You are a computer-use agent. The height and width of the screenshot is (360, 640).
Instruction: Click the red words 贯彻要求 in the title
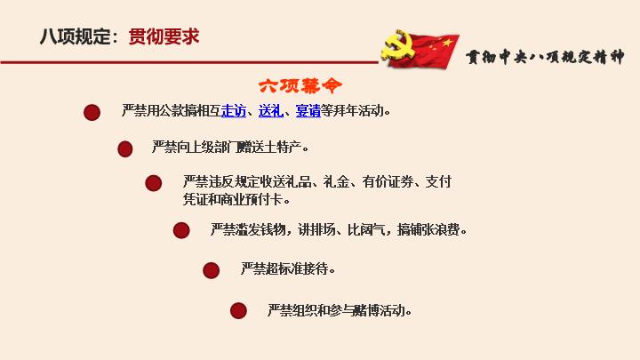(164, 36)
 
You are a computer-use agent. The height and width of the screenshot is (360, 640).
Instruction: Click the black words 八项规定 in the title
(76, 36)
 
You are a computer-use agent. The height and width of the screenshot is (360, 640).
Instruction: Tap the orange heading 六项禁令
(300, 85)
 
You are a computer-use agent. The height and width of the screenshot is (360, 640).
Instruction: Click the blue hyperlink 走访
(234, 110)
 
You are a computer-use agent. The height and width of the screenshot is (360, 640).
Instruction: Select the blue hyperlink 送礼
(270, 110)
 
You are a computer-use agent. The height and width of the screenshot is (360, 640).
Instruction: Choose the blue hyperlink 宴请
(308, 110)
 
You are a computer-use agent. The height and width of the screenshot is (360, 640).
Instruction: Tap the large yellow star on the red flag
(447, 42)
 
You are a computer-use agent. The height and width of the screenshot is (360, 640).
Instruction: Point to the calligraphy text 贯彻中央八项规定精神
(545, 57)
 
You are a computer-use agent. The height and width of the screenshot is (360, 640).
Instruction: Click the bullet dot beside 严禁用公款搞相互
(92, 112)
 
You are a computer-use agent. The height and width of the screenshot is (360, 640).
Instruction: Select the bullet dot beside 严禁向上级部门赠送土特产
(125, 149)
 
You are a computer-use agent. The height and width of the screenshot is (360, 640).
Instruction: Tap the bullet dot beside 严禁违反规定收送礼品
(154, 183)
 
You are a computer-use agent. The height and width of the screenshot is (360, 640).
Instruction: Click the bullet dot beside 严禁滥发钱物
(181, 230)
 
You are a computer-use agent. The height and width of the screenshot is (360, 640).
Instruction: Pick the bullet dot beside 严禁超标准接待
(211, 270)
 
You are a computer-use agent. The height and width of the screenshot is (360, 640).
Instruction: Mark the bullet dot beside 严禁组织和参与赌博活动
(238, 310)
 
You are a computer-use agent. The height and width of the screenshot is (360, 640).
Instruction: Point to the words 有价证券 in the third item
(388, 181)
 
